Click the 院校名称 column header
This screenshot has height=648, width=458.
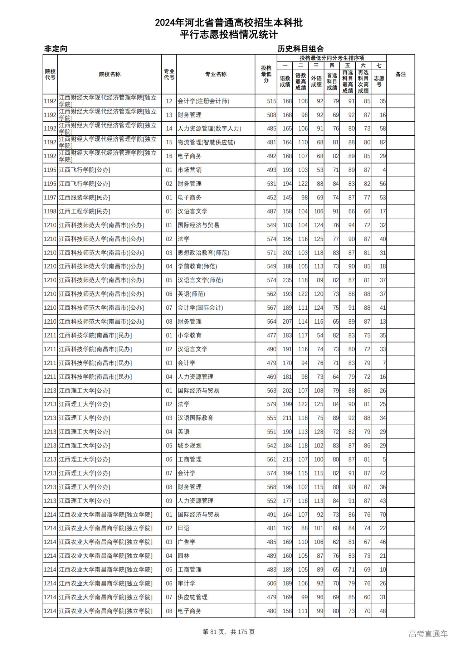tap(109, 74)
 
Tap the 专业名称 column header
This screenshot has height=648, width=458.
tap(215, 74)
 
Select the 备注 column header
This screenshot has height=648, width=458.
tap(400, 74)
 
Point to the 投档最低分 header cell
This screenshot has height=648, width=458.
tap(266, 74)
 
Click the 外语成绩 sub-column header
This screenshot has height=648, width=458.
tap(316, 81)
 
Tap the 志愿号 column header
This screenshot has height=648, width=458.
tap(379, 81)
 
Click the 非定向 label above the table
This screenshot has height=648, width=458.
tap(56, 49)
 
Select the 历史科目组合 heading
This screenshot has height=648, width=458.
tap(301, 49)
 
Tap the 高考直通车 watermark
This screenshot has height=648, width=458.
tap(428, 634)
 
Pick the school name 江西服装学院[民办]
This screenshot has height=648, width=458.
tap(84, 198)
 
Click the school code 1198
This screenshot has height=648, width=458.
tap(50, 211)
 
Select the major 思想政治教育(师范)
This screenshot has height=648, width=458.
tap(203, 253)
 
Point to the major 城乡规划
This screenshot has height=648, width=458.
tap(190, 446)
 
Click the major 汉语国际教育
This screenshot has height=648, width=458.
tap(195, 418)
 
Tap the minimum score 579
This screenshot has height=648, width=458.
tap(272, 404)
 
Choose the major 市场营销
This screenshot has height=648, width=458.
tap(190, 170)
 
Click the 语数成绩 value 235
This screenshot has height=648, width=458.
tap(287, 280)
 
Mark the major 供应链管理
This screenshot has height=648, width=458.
tap(193, 597)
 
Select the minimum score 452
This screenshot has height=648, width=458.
tap(272, 198)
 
